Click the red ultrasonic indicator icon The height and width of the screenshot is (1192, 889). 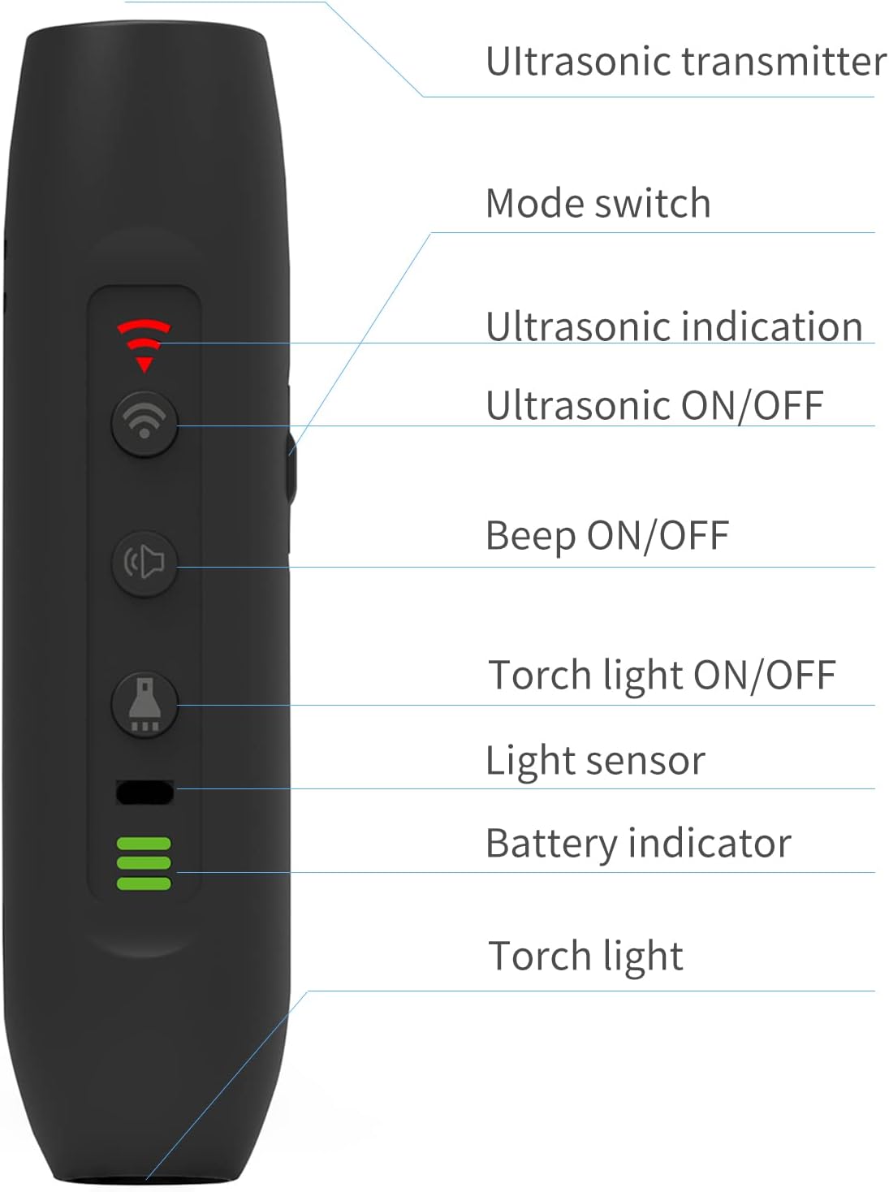144,345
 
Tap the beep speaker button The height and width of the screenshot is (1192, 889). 145,564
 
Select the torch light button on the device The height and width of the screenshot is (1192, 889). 145,705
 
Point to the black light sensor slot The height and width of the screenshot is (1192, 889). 145,793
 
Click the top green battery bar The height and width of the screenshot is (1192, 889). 144,844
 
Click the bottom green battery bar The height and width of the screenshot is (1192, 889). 144,883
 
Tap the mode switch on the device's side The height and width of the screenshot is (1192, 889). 292,467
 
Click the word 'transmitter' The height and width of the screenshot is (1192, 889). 783,61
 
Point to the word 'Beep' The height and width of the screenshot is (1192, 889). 530,537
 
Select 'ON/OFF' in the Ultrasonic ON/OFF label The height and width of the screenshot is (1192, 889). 753,406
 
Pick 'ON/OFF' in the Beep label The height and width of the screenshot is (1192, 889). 658,536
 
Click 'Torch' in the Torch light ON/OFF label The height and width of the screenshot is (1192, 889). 539,675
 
